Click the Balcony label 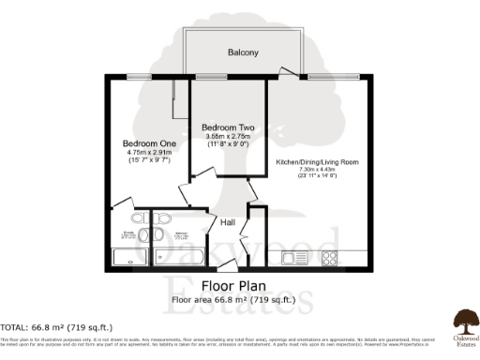242,53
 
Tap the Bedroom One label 142,143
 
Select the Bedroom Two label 228,127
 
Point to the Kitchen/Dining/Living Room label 316,162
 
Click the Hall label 228,222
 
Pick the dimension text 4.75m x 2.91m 142,153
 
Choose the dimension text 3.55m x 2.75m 228,136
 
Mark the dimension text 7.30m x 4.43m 316,170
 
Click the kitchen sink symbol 290,257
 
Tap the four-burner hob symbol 330,257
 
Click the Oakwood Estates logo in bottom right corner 462,324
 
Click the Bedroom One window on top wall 141,77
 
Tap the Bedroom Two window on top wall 208,77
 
